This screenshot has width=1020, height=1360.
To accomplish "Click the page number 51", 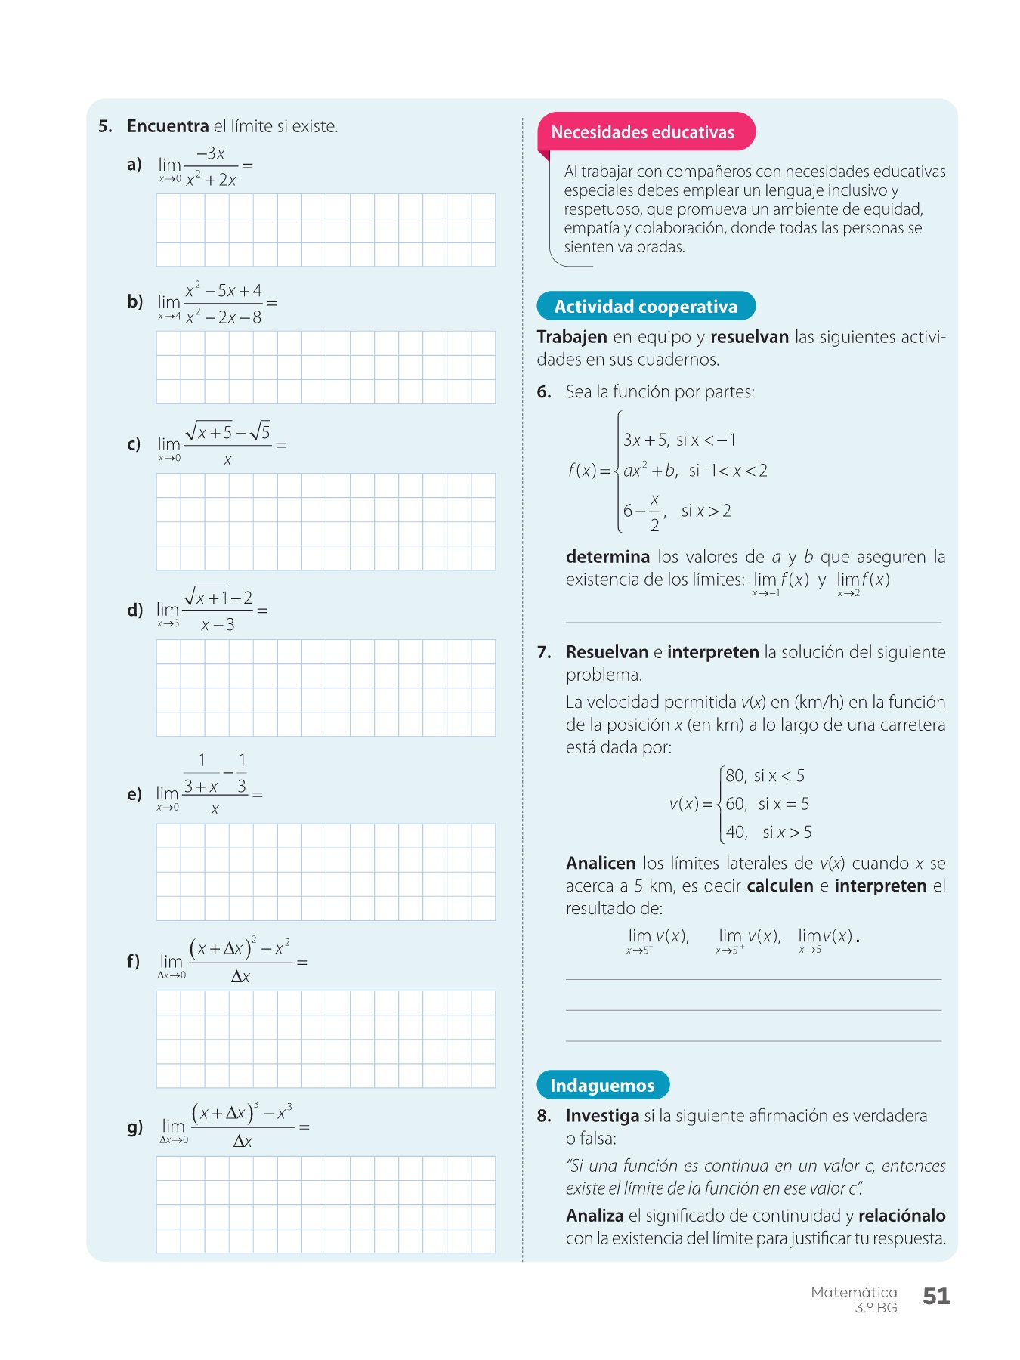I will (936, 1296).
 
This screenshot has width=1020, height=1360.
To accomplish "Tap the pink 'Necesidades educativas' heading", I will (642, 132).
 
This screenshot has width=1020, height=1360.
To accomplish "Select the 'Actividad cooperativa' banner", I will (645, 306).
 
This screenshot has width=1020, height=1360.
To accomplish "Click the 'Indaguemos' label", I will (602, 1085).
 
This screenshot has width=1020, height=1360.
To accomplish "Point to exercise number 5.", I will (105, 126).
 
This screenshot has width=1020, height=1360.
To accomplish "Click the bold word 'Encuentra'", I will (168, 126).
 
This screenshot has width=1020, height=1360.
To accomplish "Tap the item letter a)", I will (134, 164).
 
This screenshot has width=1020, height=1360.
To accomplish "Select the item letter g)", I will (134, 1127).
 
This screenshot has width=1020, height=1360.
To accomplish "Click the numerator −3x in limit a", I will (211, 153).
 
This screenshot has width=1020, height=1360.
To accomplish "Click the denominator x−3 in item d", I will (218, 625).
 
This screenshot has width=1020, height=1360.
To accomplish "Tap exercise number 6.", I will (544, 391).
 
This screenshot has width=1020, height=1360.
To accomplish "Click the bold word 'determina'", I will (607, 557).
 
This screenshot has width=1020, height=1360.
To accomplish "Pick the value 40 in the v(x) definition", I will (735, 832).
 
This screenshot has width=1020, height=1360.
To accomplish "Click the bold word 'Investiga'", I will (602, 1115).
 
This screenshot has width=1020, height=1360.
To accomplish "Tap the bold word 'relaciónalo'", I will (901, 1215).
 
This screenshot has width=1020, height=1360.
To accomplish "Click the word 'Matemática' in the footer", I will (854, 1292).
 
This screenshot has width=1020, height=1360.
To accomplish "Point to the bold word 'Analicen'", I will (601, 863).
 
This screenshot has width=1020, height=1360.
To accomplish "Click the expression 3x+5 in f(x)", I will (644, 440).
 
